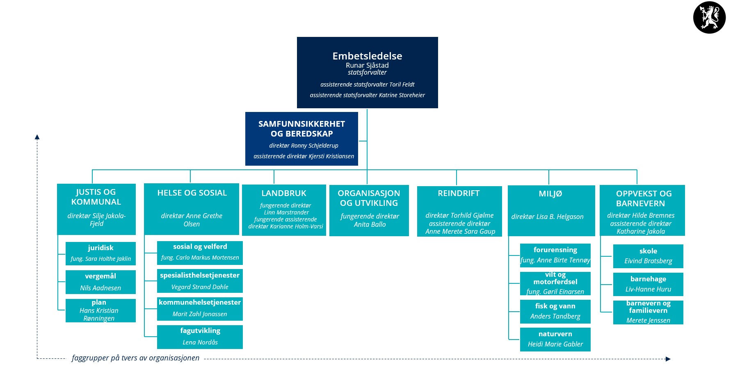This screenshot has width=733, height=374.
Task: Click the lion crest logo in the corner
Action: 709,18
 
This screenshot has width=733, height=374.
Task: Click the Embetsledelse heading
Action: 367,56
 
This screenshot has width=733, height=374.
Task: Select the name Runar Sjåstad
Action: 367,65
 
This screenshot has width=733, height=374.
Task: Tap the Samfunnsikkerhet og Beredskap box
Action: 301,139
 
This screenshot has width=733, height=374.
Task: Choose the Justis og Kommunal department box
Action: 96,209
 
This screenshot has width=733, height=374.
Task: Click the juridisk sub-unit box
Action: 100,253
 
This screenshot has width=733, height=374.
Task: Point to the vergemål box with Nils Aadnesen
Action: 100,282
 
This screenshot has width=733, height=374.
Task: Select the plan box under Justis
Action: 100,310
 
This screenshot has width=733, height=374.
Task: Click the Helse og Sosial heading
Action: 192,193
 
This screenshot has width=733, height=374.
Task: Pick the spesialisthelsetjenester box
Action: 200,281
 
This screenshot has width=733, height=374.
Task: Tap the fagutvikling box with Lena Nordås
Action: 200,337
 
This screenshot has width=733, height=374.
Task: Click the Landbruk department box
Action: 284,210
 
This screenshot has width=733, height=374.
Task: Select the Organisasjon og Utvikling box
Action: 369,210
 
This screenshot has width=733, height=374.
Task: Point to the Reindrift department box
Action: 459,211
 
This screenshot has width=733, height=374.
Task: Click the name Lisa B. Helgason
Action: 547,217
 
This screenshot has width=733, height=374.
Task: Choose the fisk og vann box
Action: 555,311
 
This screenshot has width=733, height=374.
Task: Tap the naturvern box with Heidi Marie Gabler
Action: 555,339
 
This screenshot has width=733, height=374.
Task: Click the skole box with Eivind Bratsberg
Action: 648,256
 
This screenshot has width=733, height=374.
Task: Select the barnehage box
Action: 648,284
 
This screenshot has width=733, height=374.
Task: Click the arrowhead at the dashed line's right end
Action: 668,359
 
